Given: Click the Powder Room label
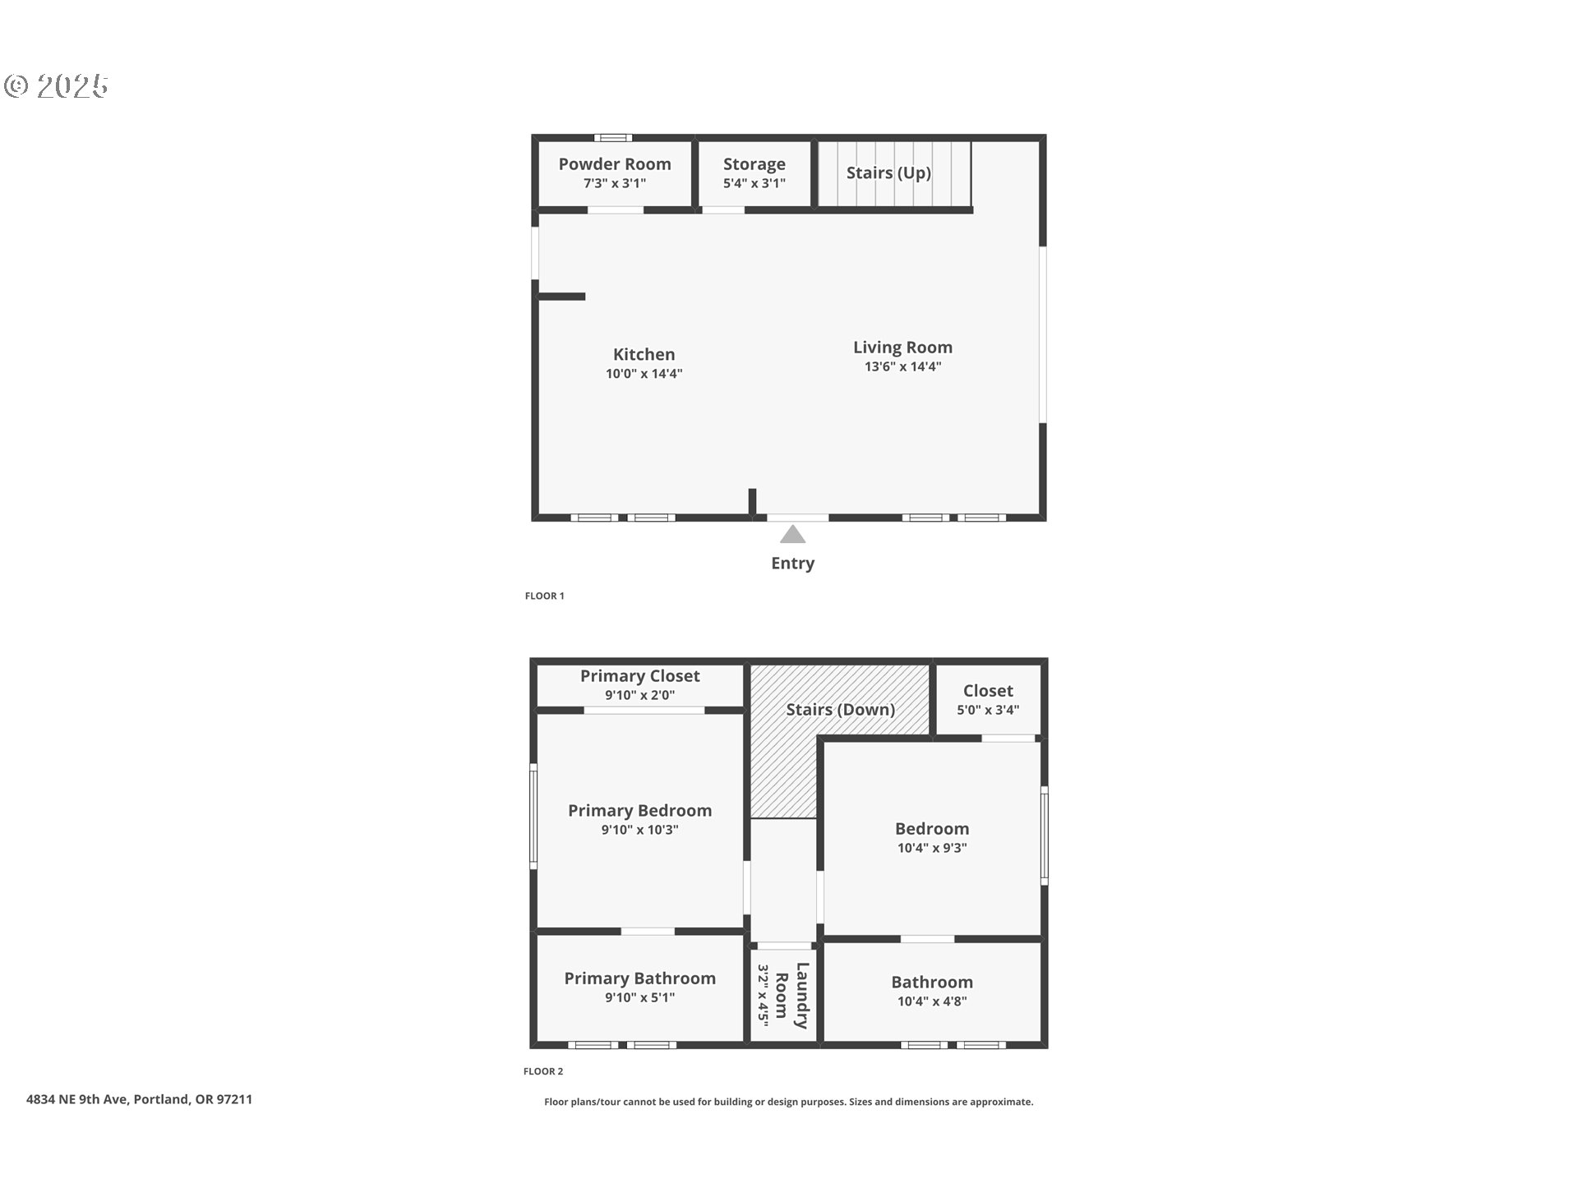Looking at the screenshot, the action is pos(615,164).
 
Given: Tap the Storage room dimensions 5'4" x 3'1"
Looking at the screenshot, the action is pos(754,183).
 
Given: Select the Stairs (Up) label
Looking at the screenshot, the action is pos(888,173).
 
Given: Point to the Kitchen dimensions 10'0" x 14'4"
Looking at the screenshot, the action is pos(644,374).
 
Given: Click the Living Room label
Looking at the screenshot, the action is pos(902,348).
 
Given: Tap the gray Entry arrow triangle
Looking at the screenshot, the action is pos(792,535).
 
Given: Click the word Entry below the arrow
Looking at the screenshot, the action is pos(793,564).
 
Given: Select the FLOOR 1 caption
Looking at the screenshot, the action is pos(545,596).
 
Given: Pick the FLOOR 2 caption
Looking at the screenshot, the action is pos(543,1071).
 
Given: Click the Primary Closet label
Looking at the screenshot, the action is pos(640,676).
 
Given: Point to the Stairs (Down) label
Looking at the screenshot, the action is pos(840,710).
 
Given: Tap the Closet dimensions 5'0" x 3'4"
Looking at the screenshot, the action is pos(988,710).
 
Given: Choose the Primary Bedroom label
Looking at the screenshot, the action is pos(640,811).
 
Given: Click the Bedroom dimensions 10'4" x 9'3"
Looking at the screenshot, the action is pos(932,848).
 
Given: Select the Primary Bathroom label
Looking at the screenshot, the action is pos(640,978).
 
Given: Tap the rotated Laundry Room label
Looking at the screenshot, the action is pos(792,995).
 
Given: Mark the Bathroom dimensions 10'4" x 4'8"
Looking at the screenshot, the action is pos(932,1001).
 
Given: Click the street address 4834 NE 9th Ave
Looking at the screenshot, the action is pos(77,1099).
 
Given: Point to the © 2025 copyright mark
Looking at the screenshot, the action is pos(57,85).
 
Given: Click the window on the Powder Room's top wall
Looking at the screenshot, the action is pos(613,138).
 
